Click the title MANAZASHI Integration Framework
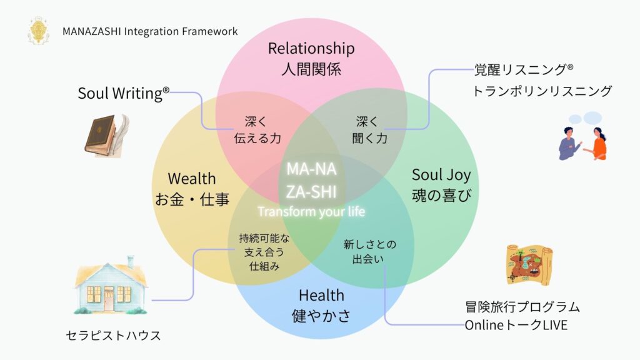coord(150,31)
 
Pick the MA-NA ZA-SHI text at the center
coord(311,180)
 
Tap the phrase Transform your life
coord(311,212)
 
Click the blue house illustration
coord(111,284)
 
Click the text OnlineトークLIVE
coord(516,325)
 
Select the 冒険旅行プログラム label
coord(522,307)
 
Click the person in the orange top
coord(598,144)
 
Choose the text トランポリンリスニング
coord(542,91)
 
